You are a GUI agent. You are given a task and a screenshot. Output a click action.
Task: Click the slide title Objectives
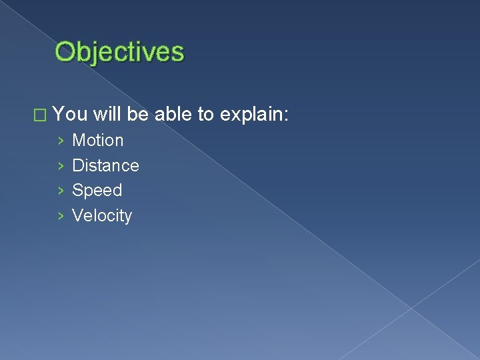click(119, 51)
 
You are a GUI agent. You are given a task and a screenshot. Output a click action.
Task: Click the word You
click(70, 115)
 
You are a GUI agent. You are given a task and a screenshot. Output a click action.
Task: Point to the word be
click(138, 115)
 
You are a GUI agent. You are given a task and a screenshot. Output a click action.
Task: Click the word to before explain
click(205, 115)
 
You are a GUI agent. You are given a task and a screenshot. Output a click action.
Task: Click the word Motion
click(97, 141)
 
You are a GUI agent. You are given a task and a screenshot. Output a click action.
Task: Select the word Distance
click(105, 165)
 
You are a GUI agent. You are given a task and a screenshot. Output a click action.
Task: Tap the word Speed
click(97, 191)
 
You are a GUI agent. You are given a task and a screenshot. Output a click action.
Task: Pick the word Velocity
click(102, 216)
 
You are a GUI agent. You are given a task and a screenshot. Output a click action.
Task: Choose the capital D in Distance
click(78, 165)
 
